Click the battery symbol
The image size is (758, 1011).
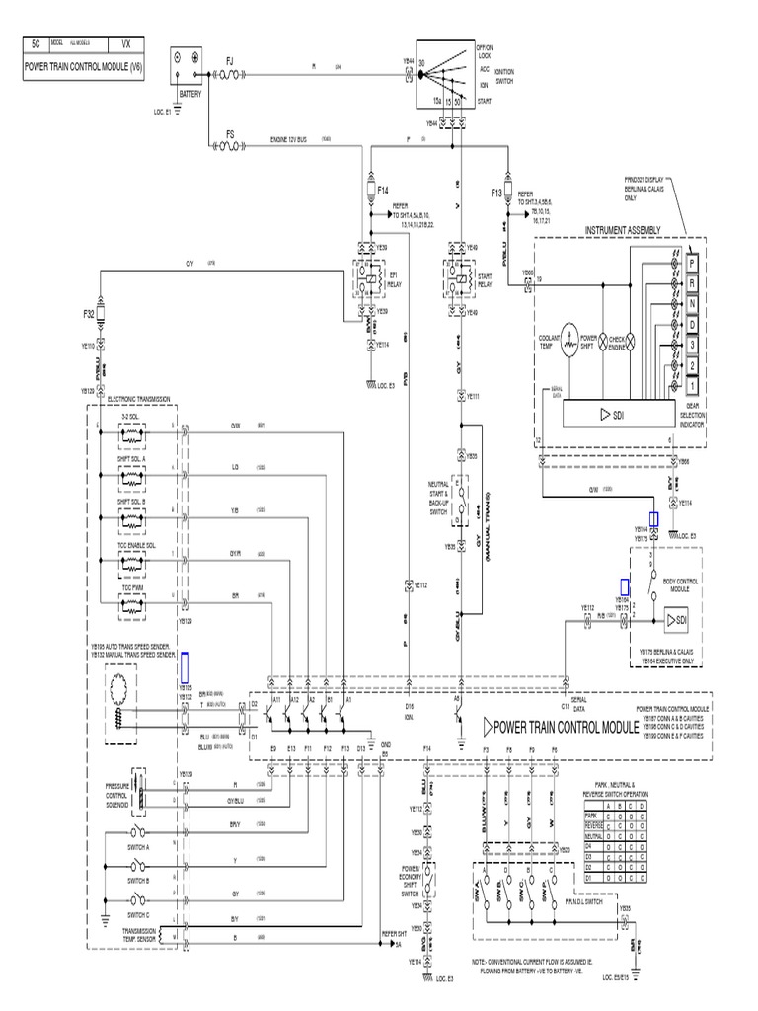pos(188,61)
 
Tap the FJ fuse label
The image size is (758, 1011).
pos(231,59)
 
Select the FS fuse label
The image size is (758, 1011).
pos(230,132)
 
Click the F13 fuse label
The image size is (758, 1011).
pos(497,194)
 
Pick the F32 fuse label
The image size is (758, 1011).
pos(88,315)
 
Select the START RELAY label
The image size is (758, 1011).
pos(485,282)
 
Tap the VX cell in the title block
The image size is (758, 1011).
pos(124,44)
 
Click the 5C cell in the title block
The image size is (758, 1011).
pos(36,44)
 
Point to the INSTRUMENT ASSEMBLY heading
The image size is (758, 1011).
pos(622,229)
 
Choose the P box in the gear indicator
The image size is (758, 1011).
pos(693,263)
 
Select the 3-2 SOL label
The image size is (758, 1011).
pos(129,419)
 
